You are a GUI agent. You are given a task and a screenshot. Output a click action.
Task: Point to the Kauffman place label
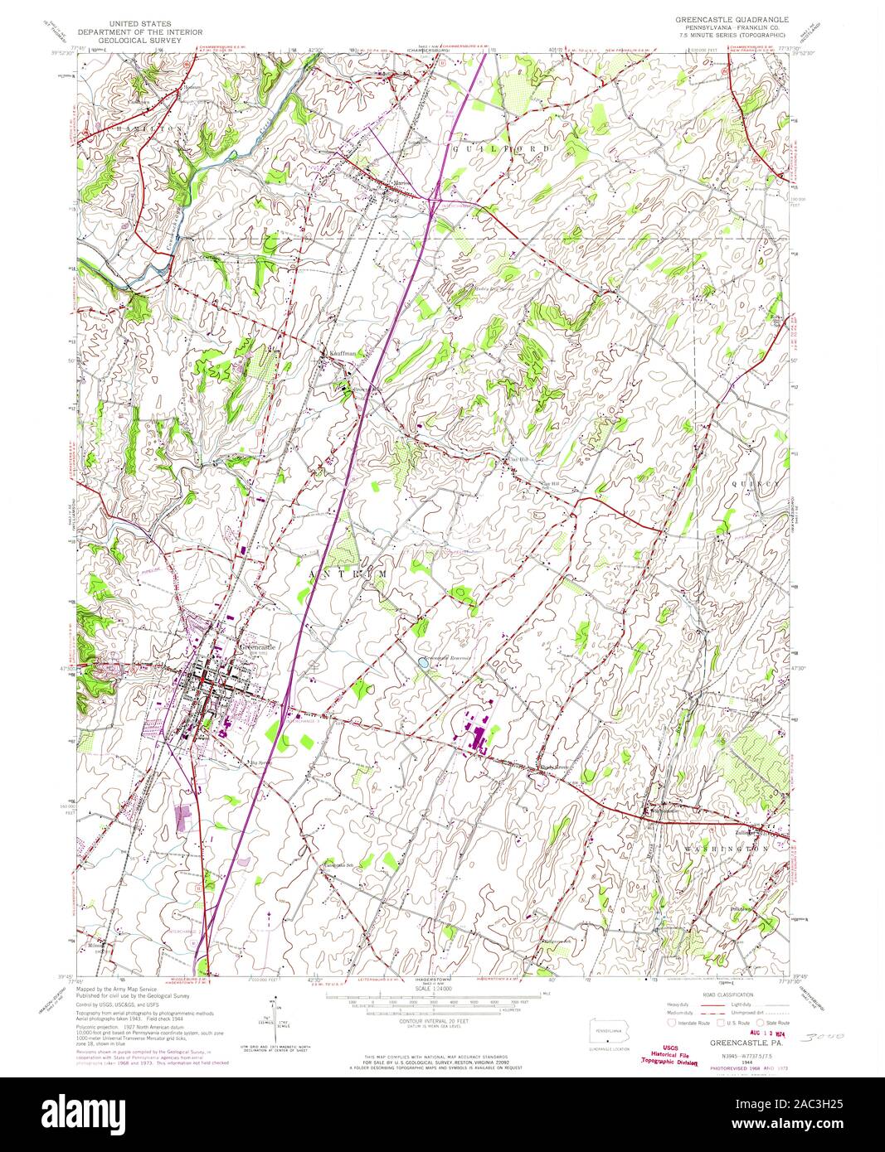pyautogui.click(x=339, y=352)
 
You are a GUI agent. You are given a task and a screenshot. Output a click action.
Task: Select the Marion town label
pyautogui.click(x=380, y=182)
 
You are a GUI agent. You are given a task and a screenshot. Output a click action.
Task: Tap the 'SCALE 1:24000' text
pyautogui.click(x=435, y=986)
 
